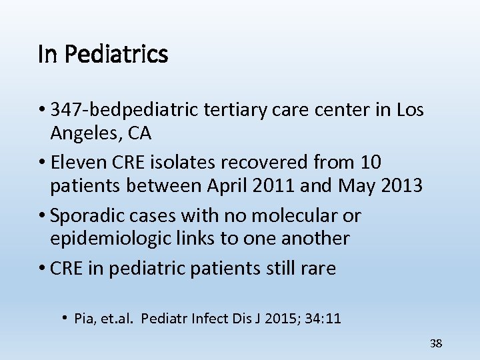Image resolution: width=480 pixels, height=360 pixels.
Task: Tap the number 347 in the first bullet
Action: pos(67,110)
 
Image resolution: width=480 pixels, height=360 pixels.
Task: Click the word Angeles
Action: pos(83,133)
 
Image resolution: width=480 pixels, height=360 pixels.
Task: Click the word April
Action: pos(227,186)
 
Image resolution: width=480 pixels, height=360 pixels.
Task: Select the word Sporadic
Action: pos(86,215)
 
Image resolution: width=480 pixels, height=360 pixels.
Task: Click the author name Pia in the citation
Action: pos(84,319)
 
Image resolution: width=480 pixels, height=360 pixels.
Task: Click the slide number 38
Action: pos(436,344)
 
